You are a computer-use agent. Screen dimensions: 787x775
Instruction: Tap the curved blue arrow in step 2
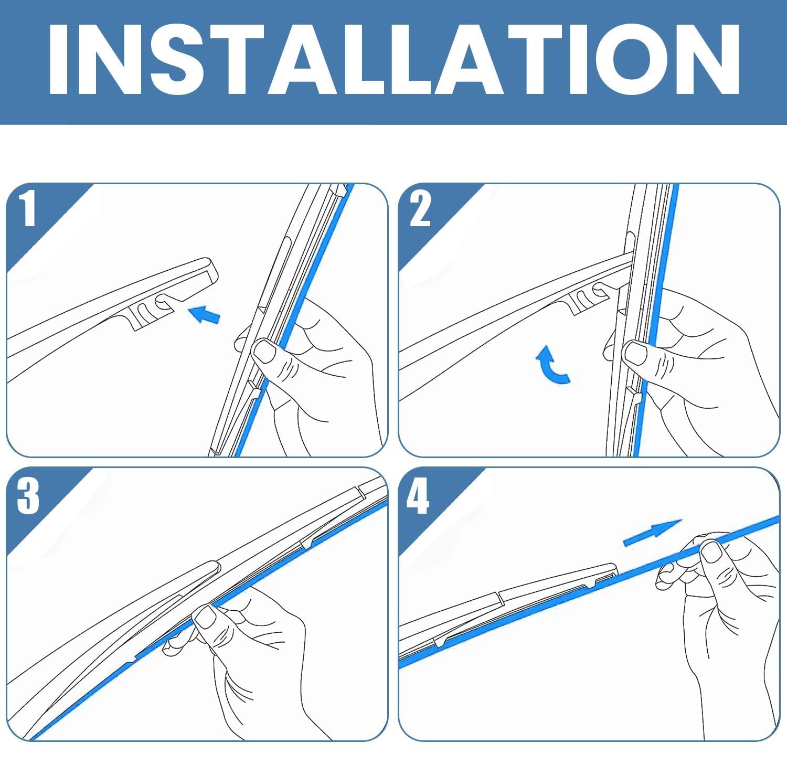pos(551,364)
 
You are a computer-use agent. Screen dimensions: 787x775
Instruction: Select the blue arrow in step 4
pos(652,532)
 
